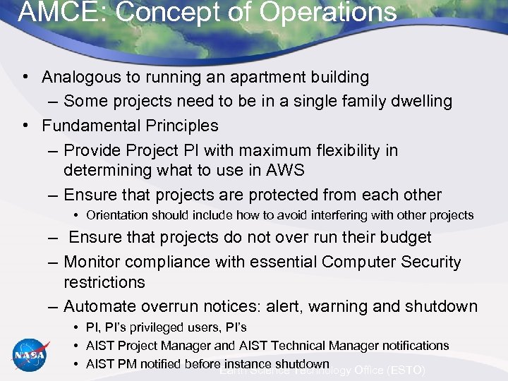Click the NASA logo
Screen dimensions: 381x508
click(30, 355)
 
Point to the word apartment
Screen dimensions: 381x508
click(263, 77)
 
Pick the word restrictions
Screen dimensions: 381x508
click(104, 282)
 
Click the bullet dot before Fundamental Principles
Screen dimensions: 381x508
click(25, 126)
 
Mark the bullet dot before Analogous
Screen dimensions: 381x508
click(25, 77)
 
